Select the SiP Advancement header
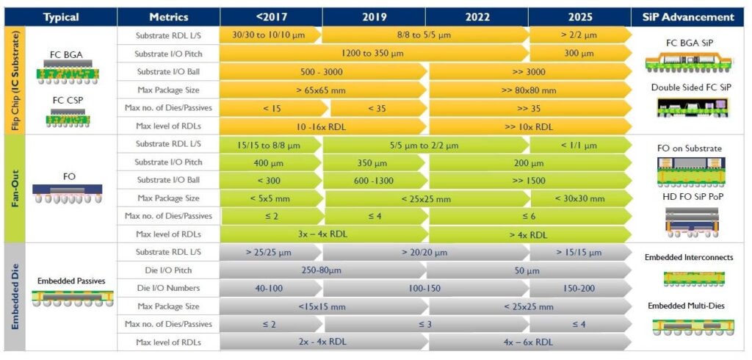click(693, 17)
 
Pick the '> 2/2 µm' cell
click(578, 35)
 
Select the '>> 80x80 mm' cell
click(529, 90)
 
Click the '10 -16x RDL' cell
click(321, 126)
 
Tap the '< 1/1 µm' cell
click(578, 144)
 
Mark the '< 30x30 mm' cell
click(578, 198)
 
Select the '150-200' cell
click(578, 289)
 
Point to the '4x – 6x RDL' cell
click(529, 342)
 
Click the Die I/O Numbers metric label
click(167, 289)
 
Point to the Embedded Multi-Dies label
click(689, 306)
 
